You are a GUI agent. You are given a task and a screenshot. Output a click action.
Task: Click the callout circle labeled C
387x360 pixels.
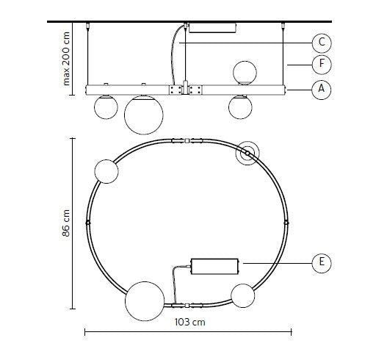click(x=318, y=43)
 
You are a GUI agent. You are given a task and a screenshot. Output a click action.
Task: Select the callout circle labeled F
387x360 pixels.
click(x=318, y=65)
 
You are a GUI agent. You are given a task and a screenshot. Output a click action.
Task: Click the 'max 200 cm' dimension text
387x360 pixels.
click(x=67, y=58)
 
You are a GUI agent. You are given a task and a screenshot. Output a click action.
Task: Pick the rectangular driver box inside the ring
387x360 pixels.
click(x=214, y=264)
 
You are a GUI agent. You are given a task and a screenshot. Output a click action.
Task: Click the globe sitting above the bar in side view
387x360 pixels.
click(x=244, y=73)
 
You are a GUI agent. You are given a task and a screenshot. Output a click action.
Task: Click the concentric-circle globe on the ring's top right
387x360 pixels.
click(x=247, y=154)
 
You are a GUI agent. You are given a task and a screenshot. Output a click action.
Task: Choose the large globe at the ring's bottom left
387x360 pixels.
click(x=143, y=302)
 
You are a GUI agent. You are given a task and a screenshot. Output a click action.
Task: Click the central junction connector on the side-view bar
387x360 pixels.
click(x=186, y=90)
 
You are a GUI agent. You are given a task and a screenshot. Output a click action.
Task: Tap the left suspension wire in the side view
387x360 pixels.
click(x=90, y=55)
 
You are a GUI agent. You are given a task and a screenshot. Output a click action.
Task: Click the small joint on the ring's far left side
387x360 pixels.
click(x=87, y=221)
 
